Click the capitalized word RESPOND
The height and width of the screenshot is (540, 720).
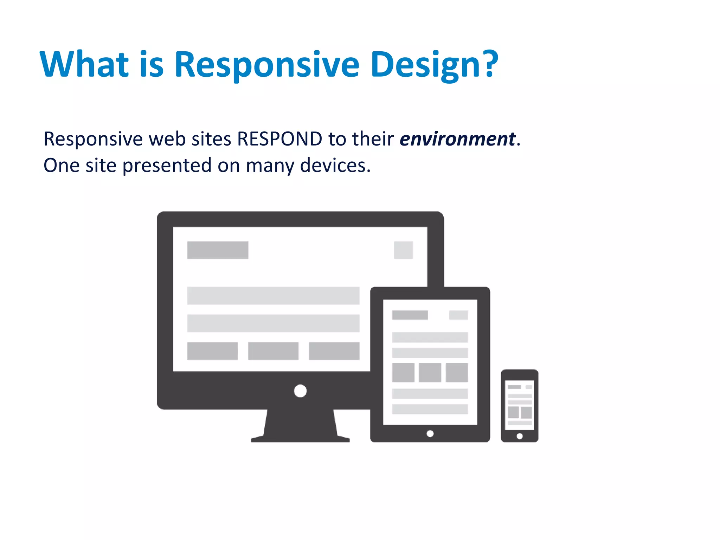279,139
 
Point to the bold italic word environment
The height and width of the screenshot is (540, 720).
457,139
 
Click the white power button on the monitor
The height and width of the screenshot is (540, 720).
300,391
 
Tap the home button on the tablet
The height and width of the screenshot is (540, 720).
430,433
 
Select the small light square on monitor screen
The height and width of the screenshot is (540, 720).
403,250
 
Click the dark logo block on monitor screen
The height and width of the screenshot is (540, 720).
218,250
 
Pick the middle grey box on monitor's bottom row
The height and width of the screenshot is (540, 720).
273,351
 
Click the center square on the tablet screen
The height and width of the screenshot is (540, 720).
430,373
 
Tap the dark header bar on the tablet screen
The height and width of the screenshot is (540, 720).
410,315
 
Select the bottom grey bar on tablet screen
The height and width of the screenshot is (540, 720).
430,409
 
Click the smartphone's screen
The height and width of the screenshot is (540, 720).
520,405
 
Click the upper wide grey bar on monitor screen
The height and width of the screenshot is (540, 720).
273,296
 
